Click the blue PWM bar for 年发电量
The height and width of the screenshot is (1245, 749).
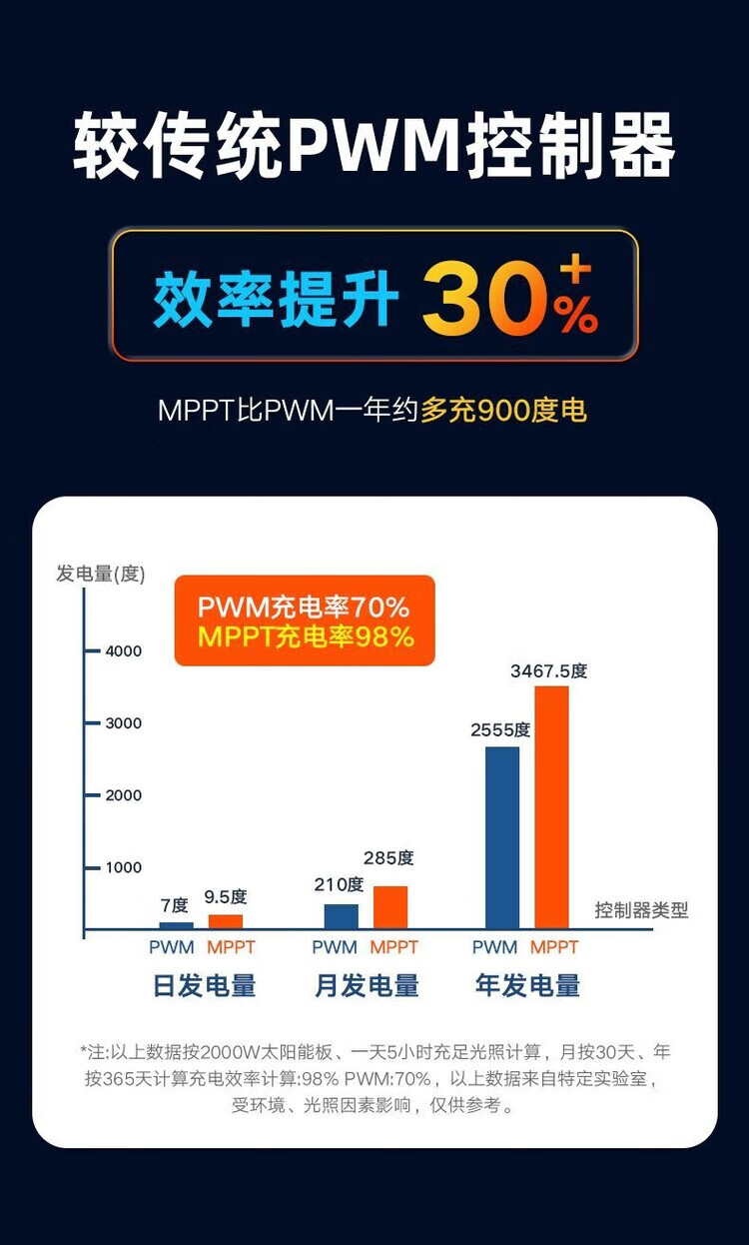tap(502, 837)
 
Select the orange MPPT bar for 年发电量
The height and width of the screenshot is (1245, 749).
tap(551, 807)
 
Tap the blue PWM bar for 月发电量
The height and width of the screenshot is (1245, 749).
tap(341, 916)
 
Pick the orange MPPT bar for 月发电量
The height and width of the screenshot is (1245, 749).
tap(390, 907)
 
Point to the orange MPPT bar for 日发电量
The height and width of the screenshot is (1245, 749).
tap(226, 921)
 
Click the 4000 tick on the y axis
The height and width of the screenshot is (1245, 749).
tap(124, 650)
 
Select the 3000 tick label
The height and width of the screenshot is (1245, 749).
tap(124, 722)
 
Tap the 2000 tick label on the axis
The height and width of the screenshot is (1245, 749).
tap(124, 795)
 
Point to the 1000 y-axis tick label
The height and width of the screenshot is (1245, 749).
tap(124, 867)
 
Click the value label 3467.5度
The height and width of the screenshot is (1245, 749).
tap(548, 671)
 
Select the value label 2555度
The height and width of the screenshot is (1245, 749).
tap(500, 730)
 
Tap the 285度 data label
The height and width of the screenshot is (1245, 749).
tap(388, 857)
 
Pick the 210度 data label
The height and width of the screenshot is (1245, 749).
tap(339, 884)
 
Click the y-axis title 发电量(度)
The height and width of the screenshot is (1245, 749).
tap(101, 574)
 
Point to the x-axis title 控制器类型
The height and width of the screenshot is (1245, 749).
tap(641, 910)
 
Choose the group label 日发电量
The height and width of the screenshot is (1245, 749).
tap(205, 986)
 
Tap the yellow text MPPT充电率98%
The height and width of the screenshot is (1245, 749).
tap(305, 636)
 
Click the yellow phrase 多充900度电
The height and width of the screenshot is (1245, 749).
tap(503, 411)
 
